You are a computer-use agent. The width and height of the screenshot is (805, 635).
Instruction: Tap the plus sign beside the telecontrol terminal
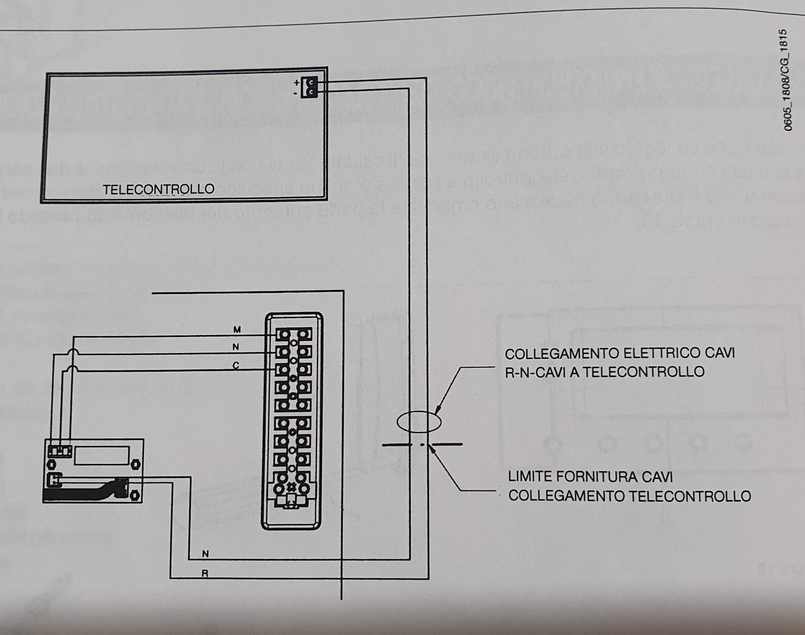pyautogui.click(x=296, y=83)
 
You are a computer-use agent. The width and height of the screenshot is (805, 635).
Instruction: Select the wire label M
pyautogui.click(x=236, y=329)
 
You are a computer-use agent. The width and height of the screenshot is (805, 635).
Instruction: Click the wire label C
pyautogui.click(x=236, y=366)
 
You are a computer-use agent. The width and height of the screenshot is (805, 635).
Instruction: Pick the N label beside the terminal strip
pyautogui.click(x=236, y=347)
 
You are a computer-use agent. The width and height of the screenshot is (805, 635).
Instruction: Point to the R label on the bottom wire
pyautogui.click(x=204, y=584)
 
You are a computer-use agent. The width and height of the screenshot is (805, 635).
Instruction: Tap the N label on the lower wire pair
pyautogui.click(x=205, y=564)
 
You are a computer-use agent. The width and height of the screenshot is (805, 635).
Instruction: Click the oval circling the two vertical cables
pyautogui.click(x=419, y=422)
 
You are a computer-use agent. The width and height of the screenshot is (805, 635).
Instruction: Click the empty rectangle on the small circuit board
pyautogui.click(x=102, y=455)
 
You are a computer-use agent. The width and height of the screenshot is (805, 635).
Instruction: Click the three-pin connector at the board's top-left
pyautogui.click(x=59, y=451)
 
